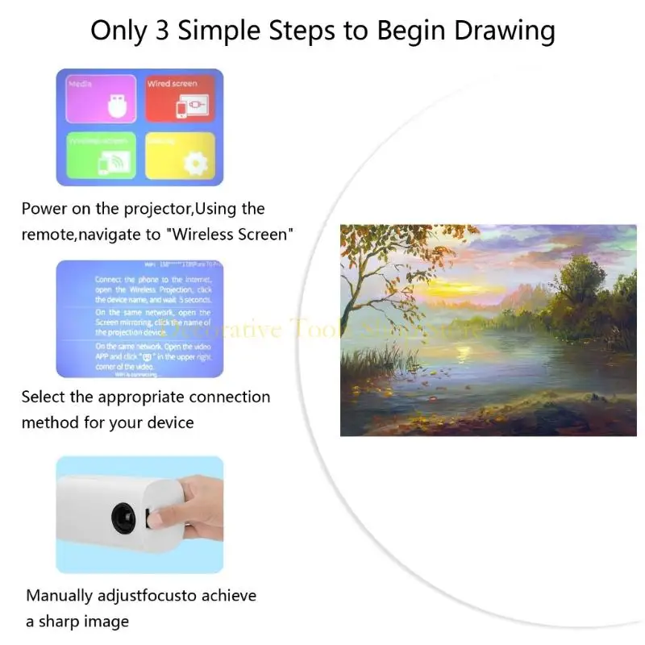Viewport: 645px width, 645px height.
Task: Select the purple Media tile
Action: click(99, 98)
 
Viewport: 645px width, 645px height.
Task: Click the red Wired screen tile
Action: click(181, 98)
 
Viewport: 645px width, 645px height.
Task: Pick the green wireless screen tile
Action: click(99, 155)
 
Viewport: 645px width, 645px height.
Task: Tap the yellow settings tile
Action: click(181, 155)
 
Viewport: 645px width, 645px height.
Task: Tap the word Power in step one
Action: click(44, 209)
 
